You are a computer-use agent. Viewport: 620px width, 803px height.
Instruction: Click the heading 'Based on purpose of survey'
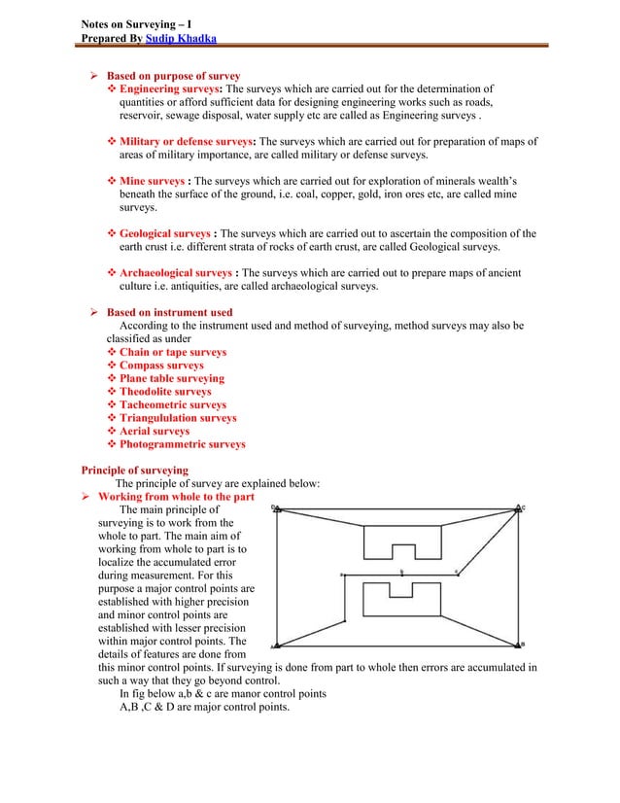click(x=173, y=76)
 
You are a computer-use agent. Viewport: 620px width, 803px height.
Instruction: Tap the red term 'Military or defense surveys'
click(x=188, y=141)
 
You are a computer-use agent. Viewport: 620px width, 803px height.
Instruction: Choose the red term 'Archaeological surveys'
click(x=175, y=273)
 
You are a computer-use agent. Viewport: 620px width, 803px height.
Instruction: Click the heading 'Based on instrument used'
click(x=169, y=312)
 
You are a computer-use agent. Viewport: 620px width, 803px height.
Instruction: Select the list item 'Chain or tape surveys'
click(x=172, y=352)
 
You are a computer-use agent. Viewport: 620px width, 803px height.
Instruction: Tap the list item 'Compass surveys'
click(x=161, y=366)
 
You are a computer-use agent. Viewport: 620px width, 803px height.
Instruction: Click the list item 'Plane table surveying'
click(x=171, y=378)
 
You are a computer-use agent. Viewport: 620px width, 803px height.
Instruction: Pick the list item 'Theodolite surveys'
click(x=165, y=392)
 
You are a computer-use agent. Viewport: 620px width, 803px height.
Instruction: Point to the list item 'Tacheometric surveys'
click(x=172, y=404)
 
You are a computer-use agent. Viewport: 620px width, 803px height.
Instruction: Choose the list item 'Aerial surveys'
click(x=155, y=431)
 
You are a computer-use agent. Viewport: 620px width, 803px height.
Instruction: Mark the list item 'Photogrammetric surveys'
click(x=182, y=444)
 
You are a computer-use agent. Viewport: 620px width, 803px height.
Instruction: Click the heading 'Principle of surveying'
click(x=134, y=471)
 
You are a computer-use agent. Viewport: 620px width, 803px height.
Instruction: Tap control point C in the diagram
click(x=524, y=507)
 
